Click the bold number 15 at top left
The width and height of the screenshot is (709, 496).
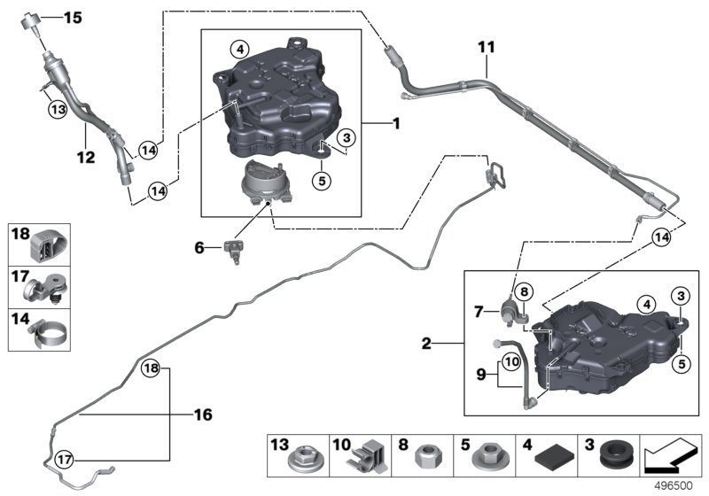coord(73,18)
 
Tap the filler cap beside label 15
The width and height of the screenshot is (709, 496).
coord(31,21)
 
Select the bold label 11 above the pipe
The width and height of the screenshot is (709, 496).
coord(487,47)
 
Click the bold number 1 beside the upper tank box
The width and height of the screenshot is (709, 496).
coord(396,123)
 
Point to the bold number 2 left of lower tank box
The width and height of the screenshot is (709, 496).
coord(426,344)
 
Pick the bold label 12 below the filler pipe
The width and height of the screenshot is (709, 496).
coord(86,157)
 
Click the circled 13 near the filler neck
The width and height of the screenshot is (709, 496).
coord(58,109)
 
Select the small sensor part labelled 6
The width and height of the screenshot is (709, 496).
coord(234,251)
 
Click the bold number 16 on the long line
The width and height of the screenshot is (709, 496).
coord(203,415)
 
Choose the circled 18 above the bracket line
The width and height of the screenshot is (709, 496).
coord(151,368)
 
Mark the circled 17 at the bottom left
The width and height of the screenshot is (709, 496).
coord(64,460)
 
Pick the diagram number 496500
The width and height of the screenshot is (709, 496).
coord(674,486)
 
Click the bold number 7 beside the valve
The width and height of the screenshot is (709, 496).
coord(479,312)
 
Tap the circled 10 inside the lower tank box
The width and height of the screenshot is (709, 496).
coord(512,362)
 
